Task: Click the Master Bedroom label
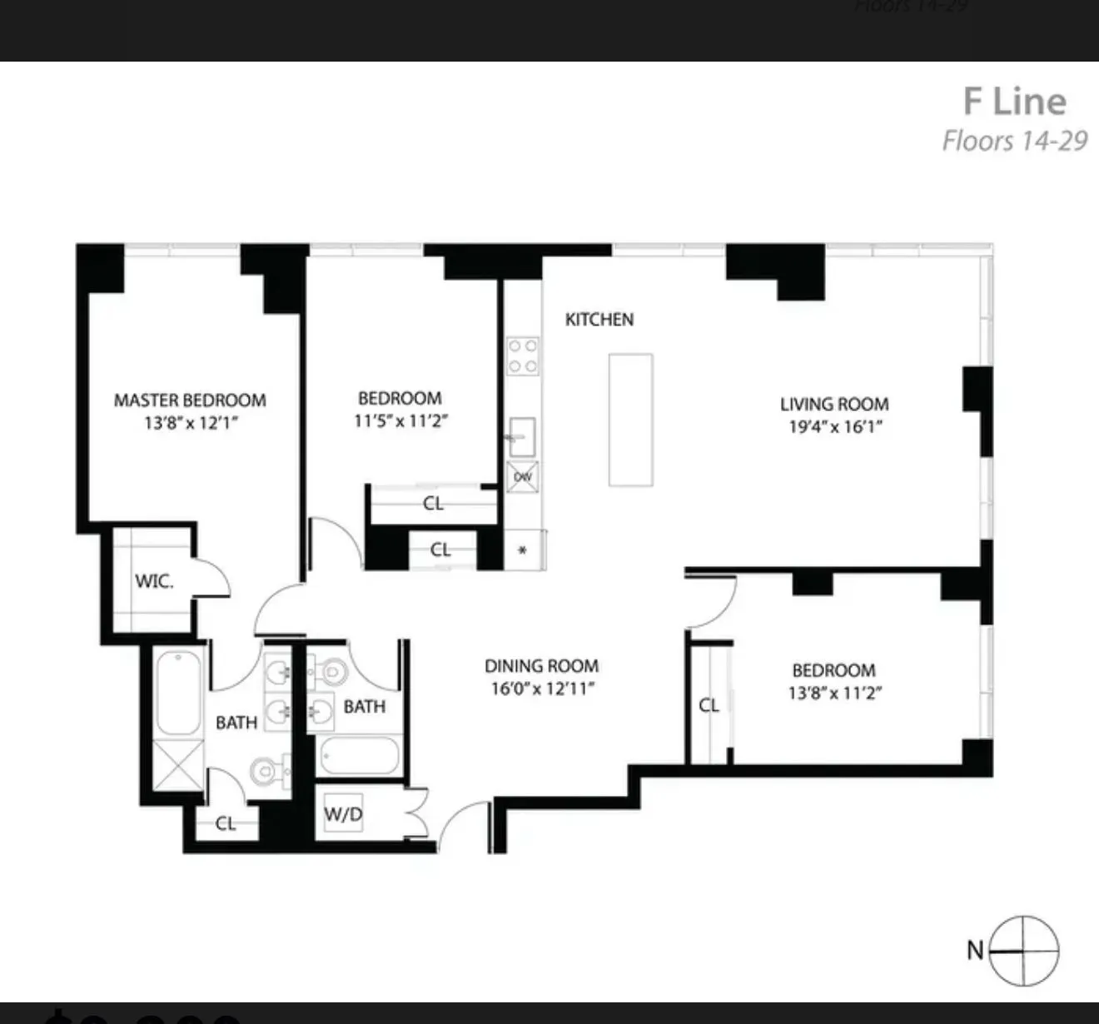click(x=190, y=400)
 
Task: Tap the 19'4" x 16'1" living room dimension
click(x=834, y=427)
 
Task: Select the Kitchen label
click(x=599, y=320)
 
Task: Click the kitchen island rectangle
click(x=630, y=420)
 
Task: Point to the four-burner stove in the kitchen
click(x=523, y=355)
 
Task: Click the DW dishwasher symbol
click(x=523, y=477)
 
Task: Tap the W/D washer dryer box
click(x=344, y=814)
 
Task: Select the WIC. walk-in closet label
click(x=154, y=581)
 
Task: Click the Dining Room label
click(x=541, y=666)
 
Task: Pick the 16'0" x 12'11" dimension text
click(x=541, y=689)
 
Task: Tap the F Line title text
click(x=1014, y=102)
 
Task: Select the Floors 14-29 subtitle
click(x=1014, y=141)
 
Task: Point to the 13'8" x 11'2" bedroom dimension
click(x=834, y=693)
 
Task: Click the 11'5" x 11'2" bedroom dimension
click(x=400, y=421)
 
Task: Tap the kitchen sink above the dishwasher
click(x=522, y=437)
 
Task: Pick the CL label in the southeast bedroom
click(x=709, y=705)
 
